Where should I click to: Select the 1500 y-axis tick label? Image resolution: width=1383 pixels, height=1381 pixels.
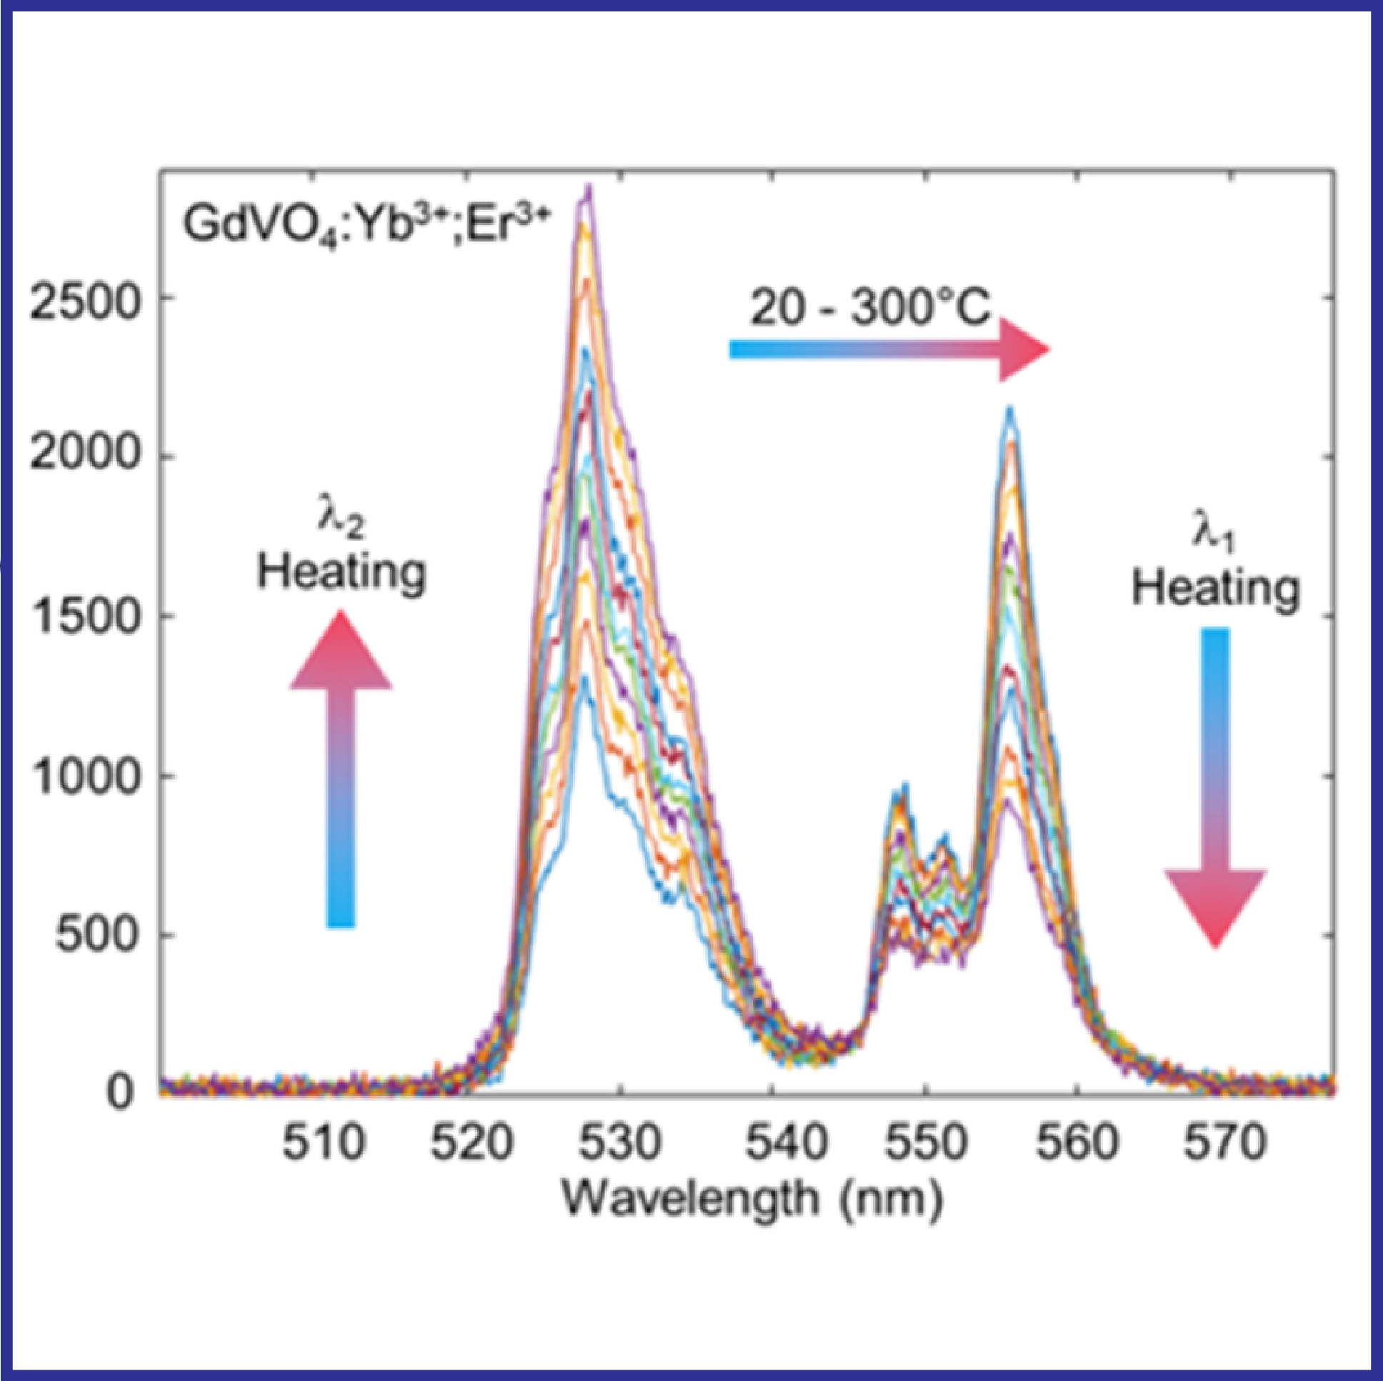(84, 615)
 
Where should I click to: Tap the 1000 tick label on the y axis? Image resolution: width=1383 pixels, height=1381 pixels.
(84, 776)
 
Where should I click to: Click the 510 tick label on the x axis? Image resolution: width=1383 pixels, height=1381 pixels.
(324, 1143)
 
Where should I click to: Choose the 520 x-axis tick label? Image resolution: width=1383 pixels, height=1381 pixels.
(471, 1143)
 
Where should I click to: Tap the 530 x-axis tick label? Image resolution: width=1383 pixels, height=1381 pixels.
(620, 1143)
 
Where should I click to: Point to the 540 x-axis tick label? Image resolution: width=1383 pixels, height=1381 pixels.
(787, 1143)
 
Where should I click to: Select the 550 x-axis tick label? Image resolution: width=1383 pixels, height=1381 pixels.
(927, 1143)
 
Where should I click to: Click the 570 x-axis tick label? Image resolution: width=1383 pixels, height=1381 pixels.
(1226, 1143)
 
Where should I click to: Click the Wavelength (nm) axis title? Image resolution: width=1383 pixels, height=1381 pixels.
(752, 1198)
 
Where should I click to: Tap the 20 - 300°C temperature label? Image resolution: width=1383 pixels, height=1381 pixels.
(870, 308)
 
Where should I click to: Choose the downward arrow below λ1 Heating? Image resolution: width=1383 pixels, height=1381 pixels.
(1216, 787)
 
